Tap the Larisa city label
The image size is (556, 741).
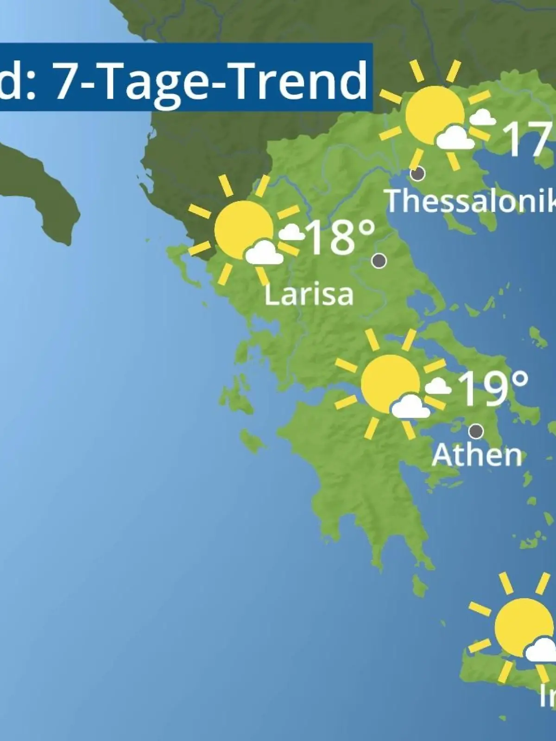[x=309, y=295]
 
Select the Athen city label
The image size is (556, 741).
[x=477, y=455]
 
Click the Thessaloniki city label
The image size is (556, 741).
[x=470, y=201]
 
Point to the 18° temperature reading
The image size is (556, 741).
[x=341, y=237]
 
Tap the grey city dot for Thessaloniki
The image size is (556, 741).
[x=418, y=174]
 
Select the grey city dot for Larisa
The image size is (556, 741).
[x=379, y=261]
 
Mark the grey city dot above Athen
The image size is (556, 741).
[x=476, y=431]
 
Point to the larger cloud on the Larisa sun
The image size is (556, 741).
[x=264, y=252]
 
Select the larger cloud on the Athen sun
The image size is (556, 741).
[x=410, y=406]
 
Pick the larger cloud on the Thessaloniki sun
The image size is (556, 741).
[x=455, y=138]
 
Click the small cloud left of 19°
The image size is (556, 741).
[x=437, y=385]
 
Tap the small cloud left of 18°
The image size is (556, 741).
[x=291, y=232]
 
